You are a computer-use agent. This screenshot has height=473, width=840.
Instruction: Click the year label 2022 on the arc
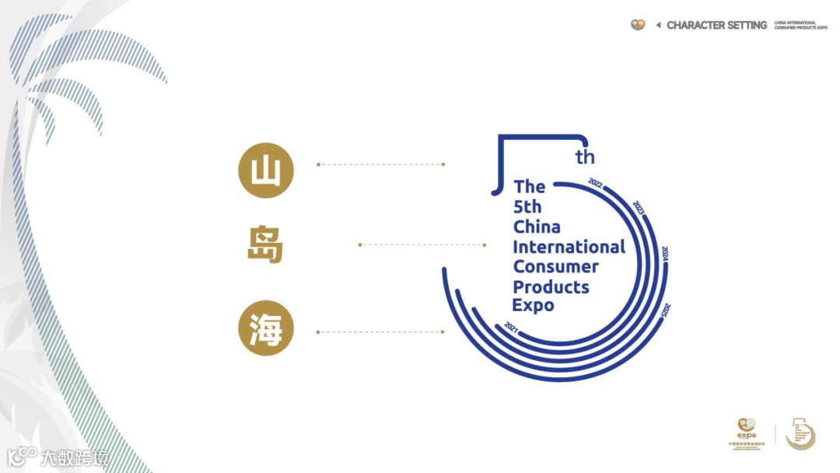tap(597, 184)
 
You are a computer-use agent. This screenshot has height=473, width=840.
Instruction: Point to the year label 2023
tap(639, 208)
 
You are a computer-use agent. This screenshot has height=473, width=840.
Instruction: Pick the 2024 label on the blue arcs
tap(665, 255)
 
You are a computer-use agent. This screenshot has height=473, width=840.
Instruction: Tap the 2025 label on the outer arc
tap(666, 309)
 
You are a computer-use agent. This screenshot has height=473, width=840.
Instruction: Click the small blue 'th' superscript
tap(585, 157)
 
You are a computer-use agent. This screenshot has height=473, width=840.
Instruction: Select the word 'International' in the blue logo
tap(569, 247)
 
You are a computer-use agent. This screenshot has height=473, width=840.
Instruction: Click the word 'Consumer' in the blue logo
tap(555, 266)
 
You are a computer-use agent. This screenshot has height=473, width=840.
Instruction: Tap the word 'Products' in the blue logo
tap(551, 286)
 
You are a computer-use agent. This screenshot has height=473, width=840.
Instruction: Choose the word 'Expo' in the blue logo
tap(533, 305)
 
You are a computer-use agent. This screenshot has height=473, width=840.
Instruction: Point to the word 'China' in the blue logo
tap(537, 226)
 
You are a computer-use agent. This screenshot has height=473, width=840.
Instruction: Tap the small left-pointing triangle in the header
tap(658, 25)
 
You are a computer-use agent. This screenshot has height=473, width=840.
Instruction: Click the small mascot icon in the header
tap(638, 24)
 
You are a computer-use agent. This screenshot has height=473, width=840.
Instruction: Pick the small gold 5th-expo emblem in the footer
tap(800, 433)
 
